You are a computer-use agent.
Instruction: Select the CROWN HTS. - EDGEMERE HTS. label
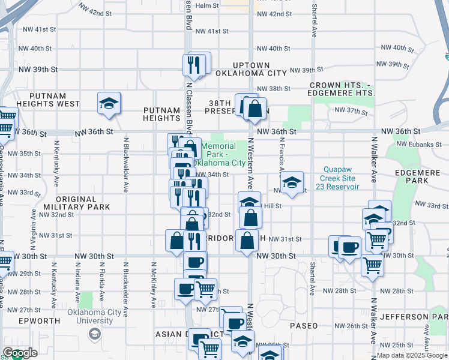(x=341, y=89)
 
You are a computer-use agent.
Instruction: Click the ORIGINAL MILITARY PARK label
(x=75, y=203)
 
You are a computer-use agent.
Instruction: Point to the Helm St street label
(x=207, y=5)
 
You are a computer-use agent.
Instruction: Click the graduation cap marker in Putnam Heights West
(x=109, y=103)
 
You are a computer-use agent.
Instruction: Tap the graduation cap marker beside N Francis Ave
(x=292, y=182)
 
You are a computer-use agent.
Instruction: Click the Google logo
(x=19, y=353)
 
